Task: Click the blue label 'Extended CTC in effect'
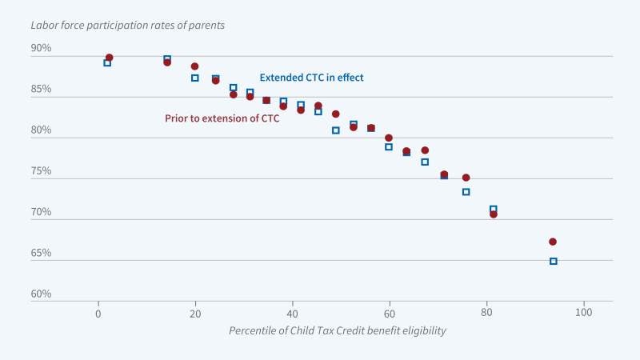click(x=311, y=78)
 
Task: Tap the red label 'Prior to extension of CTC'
click(x=216, y=119)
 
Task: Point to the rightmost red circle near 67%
click(x=553, y=242)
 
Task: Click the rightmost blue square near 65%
click(x=554, y=261)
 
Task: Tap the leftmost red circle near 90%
click(x=109, y=58)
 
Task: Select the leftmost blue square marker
click(x=107, y=62)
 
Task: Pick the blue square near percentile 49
click(x=336, y=130)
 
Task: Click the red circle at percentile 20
click(x=194, y=66)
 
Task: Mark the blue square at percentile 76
click(x=466, y=191)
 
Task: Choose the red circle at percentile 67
click(x=425, y=150)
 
